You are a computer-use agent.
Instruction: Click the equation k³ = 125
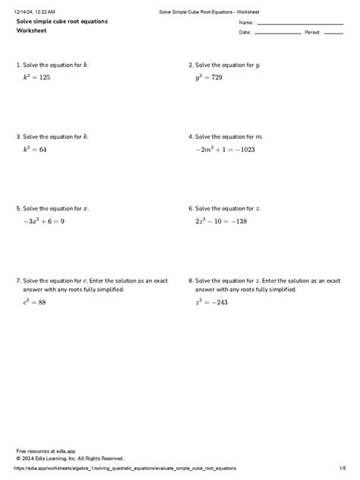(x=36, y=77)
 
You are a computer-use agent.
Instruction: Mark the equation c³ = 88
(x=35, y=302)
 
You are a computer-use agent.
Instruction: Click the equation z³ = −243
(x=213, y=302)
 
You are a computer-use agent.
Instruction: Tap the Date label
(x=245, y=33)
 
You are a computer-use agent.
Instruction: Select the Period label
(x=312, y=33)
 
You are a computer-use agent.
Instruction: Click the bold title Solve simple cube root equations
(x=62, y=21)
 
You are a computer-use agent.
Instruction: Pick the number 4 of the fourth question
(x=190, y=137)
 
